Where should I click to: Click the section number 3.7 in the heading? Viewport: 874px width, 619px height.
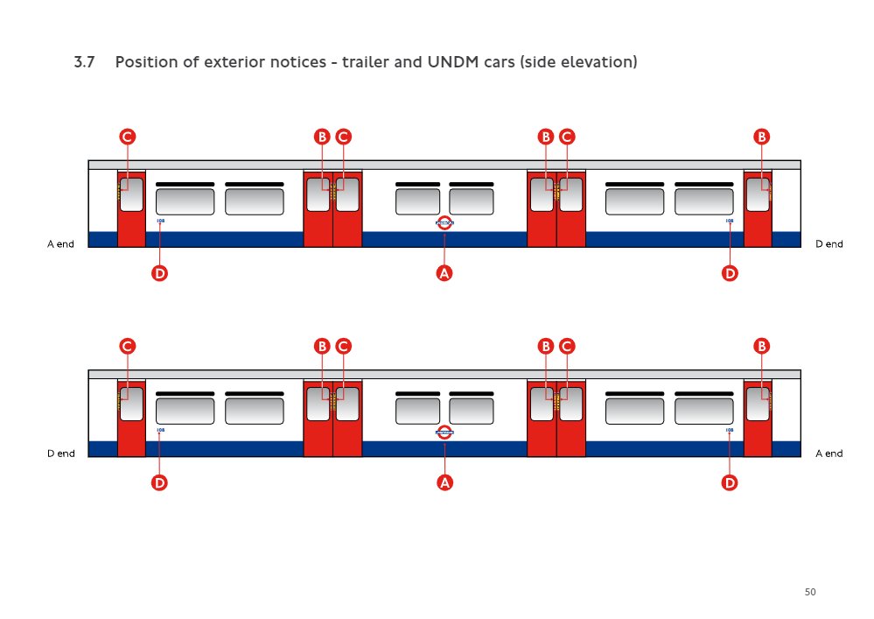(84, 63)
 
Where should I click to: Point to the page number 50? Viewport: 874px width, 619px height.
(810, 593)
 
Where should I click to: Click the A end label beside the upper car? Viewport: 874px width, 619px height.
(59, 244)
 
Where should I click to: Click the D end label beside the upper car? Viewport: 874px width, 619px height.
(829, 244)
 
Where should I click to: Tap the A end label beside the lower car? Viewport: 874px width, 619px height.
(829, 454)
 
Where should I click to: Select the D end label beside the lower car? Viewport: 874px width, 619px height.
(59, 454)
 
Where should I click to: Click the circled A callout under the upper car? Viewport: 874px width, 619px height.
(444, 273)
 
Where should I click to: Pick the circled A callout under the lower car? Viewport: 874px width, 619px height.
(444, 482)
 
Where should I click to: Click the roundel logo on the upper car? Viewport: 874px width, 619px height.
(444, 222)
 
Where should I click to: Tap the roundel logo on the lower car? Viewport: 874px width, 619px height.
(444, 432)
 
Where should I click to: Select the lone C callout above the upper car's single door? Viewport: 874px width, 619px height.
(127, 137)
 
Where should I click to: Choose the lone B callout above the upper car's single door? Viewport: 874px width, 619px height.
(762, 137)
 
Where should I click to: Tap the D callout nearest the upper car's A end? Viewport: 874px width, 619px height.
(159, 273)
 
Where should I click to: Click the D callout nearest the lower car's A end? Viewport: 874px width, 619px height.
(730, 482)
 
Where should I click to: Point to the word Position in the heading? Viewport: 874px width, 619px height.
(145, 63)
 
